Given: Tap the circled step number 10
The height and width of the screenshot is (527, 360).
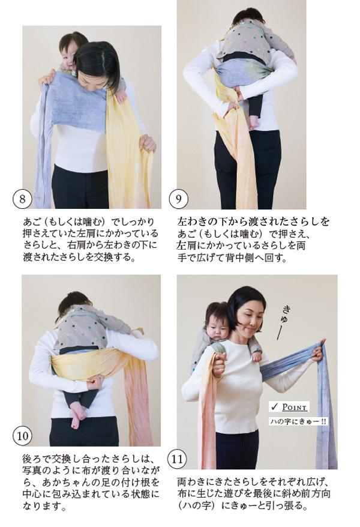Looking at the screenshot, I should (23, 435).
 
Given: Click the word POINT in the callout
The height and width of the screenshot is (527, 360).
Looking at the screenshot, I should (295, 407).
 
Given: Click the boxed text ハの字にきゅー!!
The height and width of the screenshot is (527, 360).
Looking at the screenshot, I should (298, 421).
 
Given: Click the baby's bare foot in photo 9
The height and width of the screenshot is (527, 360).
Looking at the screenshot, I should (254, 122).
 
